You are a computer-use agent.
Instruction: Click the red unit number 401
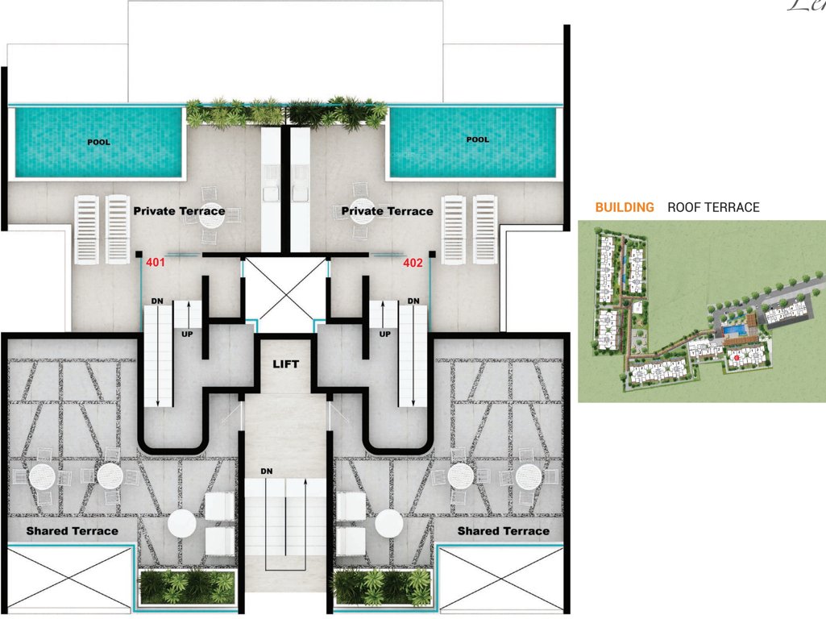pos(154,263)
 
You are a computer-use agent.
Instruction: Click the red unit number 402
pos(413,263)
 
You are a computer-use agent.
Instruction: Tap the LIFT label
pos(285,364)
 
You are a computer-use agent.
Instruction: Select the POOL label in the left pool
pos(99,142)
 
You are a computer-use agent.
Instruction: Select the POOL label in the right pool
pos(477,139)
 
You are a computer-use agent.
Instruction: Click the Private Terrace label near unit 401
pos(179,211)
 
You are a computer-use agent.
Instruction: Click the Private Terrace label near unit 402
pos(387,211)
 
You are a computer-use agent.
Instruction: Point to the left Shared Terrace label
pos(72,531)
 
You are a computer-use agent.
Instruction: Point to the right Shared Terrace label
pos(503,531)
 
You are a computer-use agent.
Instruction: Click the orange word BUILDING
pos(625,207)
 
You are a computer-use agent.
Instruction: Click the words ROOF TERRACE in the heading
pos(713,207)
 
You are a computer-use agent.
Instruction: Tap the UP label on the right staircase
pos(385,333)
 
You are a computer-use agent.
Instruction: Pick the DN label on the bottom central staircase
pos(267,471)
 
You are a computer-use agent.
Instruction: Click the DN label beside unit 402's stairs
pos(413,301)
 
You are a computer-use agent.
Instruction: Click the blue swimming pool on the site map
pos(733,330)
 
